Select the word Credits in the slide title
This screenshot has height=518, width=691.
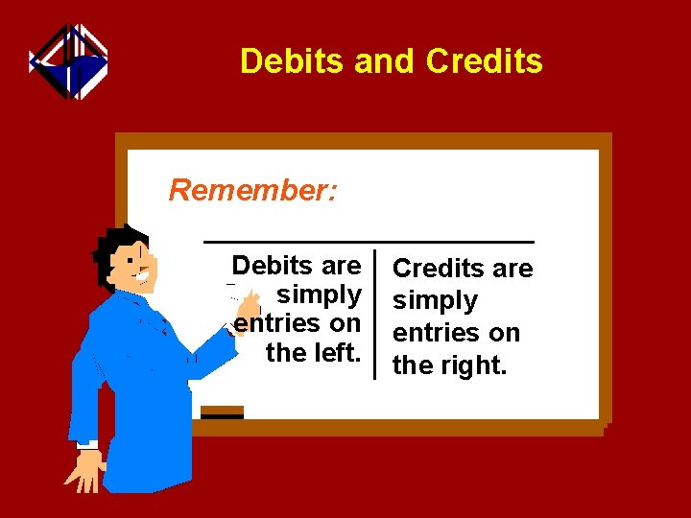[484, 61]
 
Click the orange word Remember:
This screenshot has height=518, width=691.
[252, 190]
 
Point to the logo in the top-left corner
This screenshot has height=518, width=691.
[68, 61]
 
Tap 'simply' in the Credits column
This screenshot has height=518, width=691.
[435, 300]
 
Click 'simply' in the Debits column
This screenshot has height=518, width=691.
[319, 294]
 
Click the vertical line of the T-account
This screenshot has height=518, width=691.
[375, 317]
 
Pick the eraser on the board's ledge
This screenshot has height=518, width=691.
[222, 412]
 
